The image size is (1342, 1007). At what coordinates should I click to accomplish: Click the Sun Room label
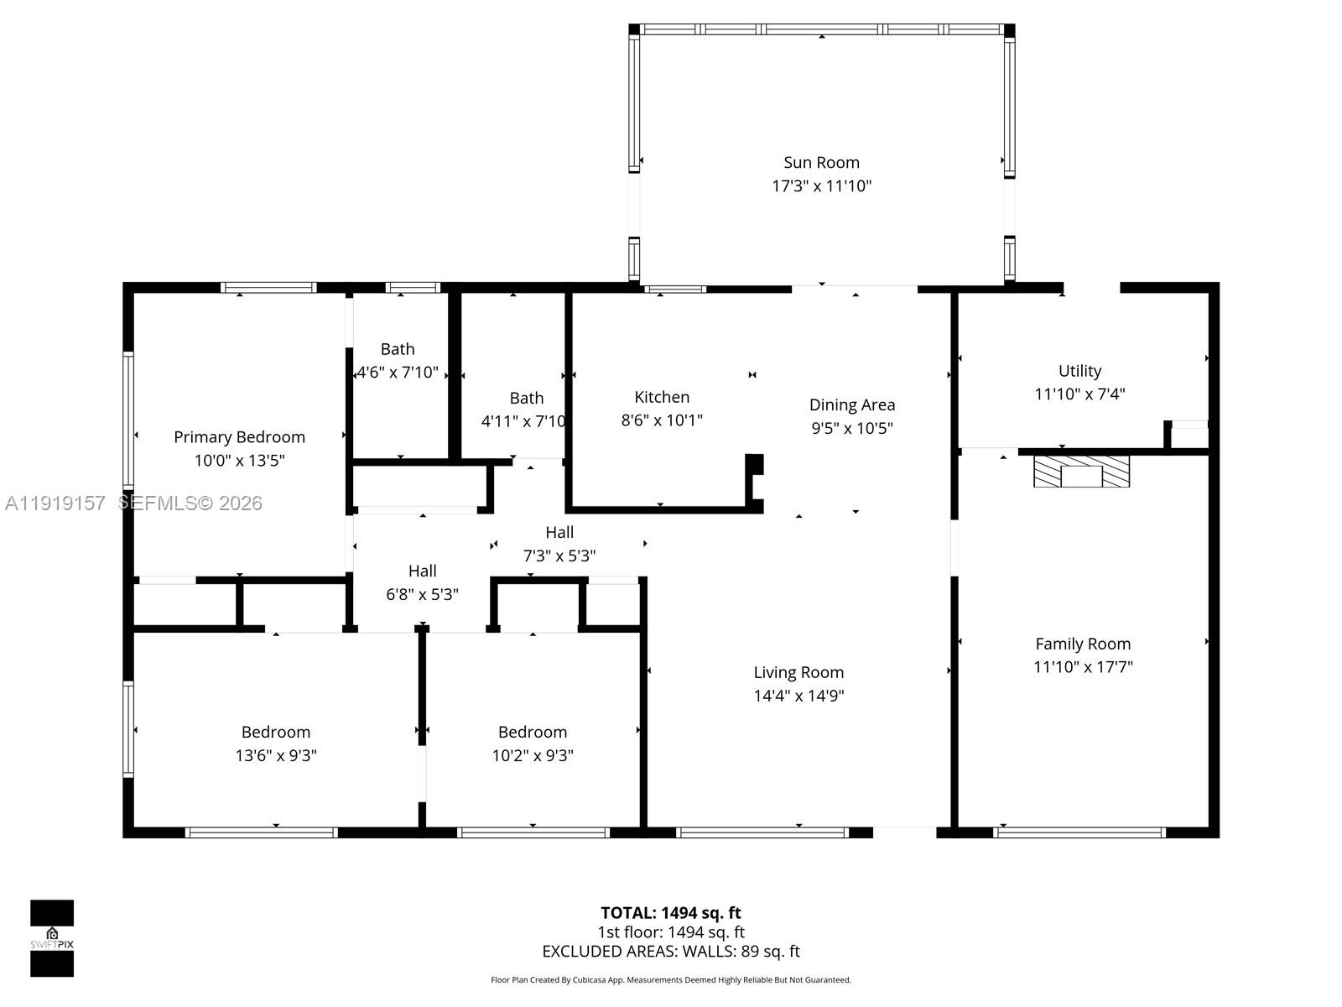[821, 163]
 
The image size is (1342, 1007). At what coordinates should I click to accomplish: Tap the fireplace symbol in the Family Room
[1081, 472]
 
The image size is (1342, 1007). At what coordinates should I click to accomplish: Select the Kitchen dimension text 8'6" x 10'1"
[662, 420]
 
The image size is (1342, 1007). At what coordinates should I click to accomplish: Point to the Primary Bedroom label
[239, 437]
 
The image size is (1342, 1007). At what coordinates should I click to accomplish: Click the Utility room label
[1079, 371]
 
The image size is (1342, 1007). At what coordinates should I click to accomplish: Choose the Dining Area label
[851, 405]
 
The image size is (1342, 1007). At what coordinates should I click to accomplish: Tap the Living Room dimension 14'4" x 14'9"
[798, 696]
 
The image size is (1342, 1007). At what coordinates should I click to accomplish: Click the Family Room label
[1083, 644]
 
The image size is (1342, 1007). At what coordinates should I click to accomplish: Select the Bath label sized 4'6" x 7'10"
[398, 349]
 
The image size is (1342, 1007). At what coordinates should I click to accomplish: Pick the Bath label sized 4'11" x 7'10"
[526, 399]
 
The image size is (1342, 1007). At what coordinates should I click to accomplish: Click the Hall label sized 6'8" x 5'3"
[422, 571]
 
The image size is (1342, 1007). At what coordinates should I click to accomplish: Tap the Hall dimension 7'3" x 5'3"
[559, 556]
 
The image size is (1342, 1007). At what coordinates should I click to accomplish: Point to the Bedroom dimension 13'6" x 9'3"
[276, 755]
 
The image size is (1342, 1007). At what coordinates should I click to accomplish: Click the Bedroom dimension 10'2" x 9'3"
[533, 755]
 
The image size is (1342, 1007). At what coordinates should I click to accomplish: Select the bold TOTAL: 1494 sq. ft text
[670, 913]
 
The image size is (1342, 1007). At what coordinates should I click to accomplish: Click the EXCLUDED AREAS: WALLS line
[670, 952]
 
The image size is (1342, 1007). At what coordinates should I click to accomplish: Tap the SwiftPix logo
[52, 938]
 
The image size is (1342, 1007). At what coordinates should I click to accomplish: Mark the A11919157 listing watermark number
[55, 503]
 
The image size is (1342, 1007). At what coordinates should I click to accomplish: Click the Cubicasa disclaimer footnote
[670, 980]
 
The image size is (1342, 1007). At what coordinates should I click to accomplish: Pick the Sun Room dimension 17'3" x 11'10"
[821, 186]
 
